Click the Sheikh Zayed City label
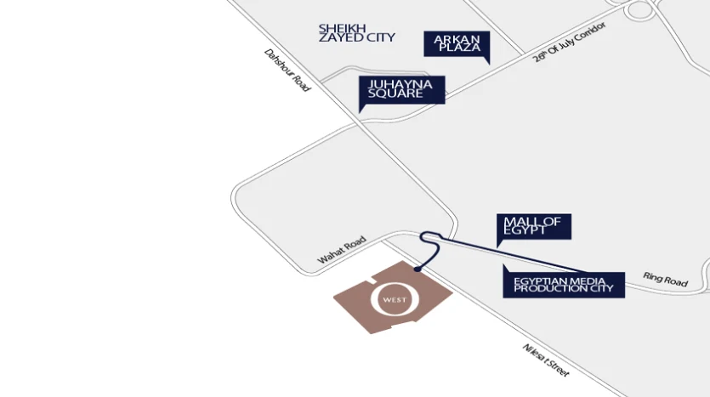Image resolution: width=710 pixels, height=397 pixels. (x=357, y=33)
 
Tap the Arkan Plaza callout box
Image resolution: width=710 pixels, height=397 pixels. (x=457, y=44)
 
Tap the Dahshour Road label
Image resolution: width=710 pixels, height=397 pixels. (x=287, y=71)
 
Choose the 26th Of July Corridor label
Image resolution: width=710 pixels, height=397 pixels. (x=569, y=42)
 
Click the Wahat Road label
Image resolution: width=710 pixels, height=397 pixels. (x=342, y=250)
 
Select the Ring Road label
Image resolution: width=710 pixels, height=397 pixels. (x=665, y=280)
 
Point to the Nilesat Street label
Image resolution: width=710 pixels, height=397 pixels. (x=546, y=360)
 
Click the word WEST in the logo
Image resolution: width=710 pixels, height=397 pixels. (x=395, y=300)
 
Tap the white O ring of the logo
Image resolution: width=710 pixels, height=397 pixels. (x=373, y=299)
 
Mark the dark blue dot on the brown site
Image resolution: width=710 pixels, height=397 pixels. (x=417, y=269)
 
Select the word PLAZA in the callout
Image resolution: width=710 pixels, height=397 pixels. (x=459, y=48)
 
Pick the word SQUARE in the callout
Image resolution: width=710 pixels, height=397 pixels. (x=395, y=94)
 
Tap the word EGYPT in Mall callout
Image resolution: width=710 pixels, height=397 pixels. (x=525, y=230)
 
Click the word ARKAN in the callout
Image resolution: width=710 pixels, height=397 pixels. (x=457, y=39)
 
